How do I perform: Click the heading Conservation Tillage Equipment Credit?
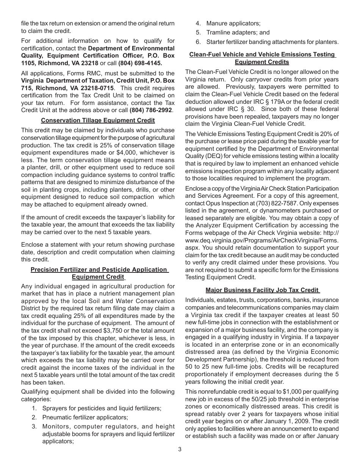[x=98, y=120]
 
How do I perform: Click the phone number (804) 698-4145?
[x=140, y=63]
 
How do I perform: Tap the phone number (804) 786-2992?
[x=151, y=110]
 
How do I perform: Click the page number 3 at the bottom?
[x=180, y=449]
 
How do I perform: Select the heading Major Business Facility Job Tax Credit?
[x=263, y=290]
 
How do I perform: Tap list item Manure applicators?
[x=233, y=23]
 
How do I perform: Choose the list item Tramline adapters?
[x=232, y=33]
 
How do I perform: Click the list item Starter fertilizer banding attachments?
[x=272, y=42]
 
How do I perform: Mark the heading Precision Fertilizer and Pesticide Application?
[x=99, y=269]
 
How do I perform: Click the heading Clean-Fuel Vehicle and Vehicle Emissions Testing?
[x=262, y=55]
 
